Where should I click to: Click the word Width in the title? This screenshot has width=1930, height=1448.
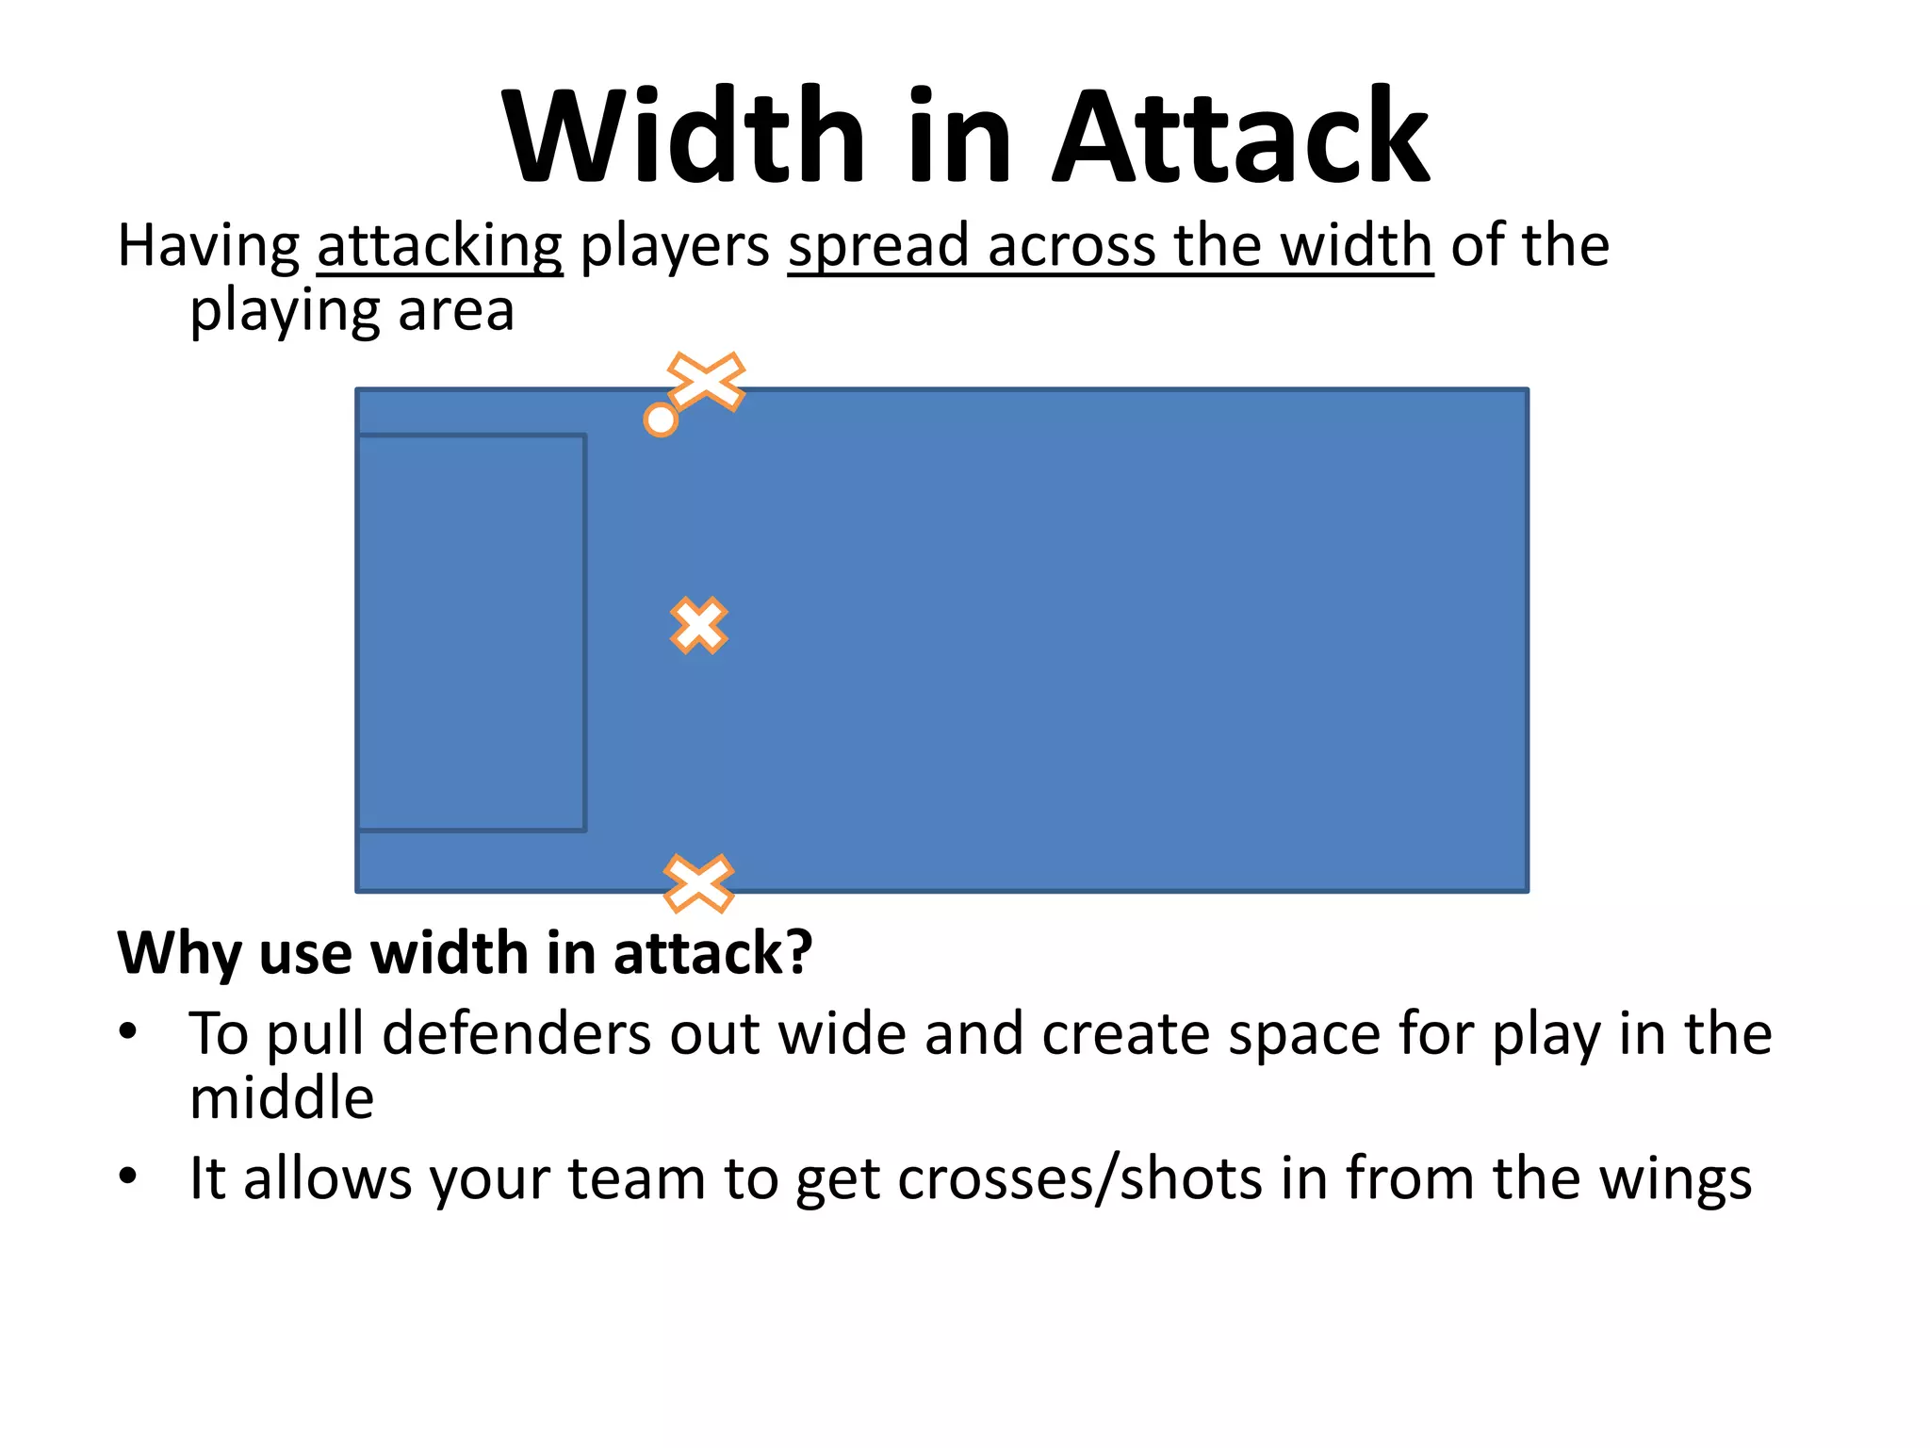[x=682, y=137]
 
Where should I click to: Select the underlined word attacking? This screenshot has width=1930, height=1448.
[x=439, y=246]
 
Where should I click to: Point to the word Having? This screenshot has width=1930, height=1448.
[x=208, y=246]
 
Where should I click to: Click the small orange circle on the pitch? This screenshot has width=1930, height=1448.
[x=661, y=420]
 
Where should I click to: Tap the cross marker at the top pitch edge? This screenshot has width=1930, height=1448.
[x=707, y=382]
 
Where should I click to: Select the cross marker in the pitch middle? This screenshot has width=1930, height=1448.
[x=698, y=626]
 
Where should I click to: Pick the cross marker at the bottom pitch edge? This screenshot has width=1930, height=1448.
[x=698, y=883]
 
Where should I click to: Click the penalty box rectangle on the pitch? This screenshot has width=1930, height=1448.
[x=471, y=633]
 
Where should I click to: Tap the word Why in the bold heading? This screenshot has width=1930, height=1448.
[x=178, y=954]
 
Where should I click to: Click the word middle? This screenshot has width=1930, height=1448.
[x=282, y=1098]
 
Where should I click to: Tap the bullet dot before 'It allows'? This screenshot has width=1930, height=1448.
[x=128, y=1176]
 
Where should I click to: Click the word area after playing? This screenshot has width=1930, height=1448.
[x=456, y=311]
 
